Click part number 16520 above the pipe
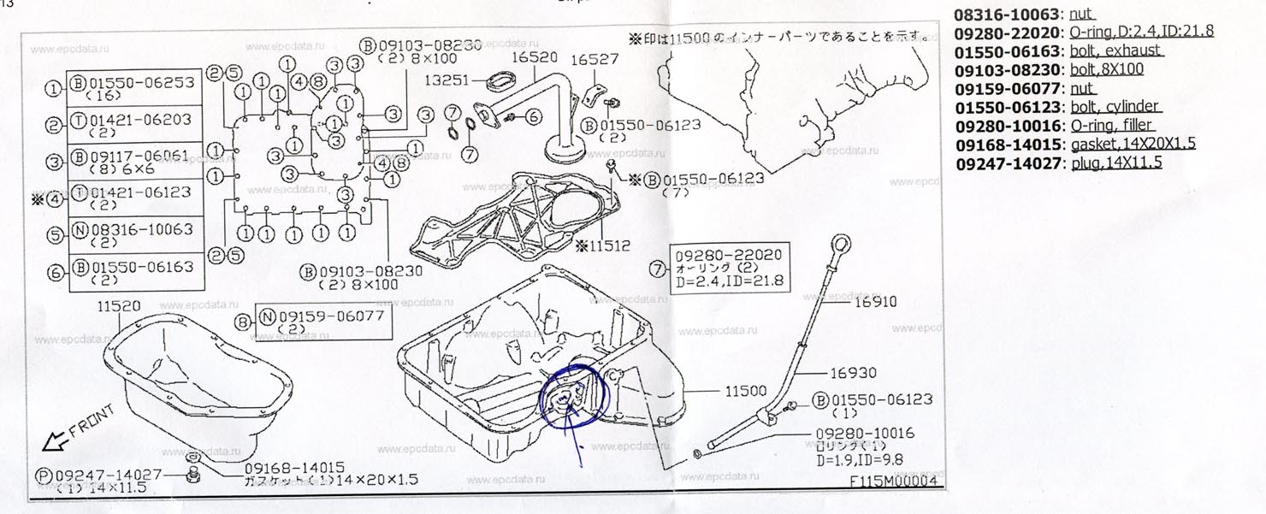pyautogui.click(x=535, y=58)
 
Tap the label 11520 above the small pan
pyautogui.click(x=119, y=306)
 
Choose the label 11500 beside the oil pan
pyautogui.click(x=747, y=391)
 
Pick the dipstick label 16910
pyautogui.click(x=873, y=302)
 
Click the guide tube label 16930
pyautogui.click(x=852, y=373)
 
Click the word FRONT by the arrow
pyautogui.click(x=92, y=422)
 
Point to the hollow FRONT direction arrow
pyautogui.click(x=52, y=442)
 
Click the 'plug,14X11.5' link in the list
pyautogui.click(x=1115, y=162)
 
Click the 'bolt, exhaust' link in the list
pyautogui.click(x=1115, y=50)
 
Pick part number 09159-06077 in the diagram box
pyautogui.click(x=332, y=315)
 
